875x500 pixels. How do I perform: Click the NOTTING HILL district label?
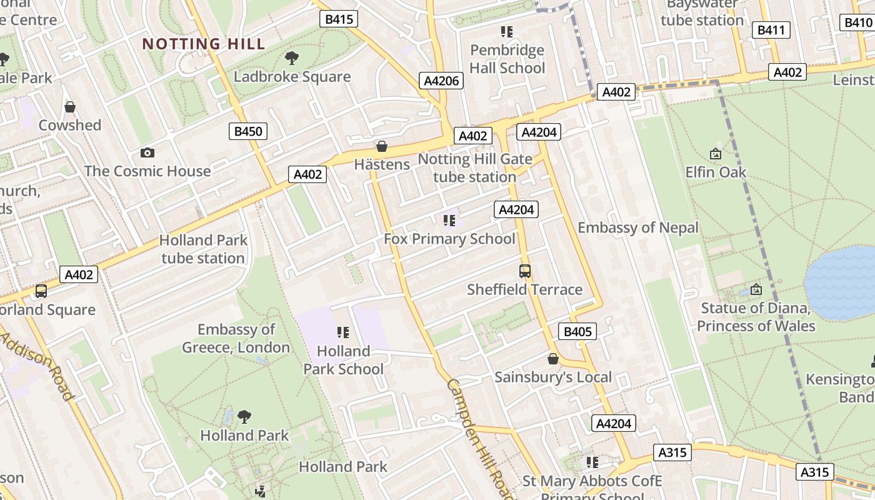204,44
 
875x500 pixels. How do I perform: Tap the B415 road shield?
339,19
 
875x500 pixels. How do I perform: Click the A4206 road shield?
442,81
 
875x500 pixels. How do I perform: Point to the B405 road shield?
577,331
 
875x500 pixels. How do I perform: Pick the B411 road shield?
772,30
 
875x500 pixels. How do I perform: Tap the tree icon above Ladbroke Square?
291,59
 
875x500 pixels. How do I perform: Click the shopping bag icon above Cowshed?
70,107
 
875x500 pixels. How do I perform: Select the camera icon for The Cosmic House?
147,152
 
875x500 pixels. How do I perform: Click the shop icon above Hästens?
381,146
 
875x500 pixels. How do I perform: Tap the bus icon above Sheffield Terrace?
525,271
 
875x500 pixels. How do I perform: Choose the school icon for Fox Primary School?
449,221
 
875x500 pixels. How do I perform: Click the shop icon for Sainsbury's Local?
552,359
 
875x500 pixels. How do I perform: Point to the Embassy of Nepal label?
637,227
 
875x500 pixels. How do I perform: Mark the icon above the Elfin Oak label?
716,153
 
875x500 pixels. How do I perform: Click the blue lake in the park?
841,281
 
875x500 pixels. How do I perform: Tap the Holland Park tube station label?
203,249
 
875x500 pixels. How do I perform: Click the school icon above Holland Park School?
342,332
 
